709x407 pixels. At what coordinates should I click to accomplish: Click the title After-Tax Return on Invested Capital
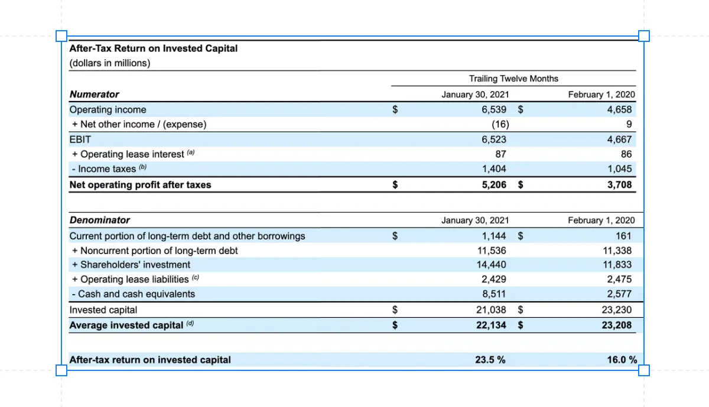coord(153,48)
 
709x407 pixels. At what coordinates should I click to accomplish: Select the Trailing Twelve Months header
coord(513,79)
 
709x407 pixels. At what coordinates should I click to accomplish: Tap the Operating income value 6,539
coord(494,109)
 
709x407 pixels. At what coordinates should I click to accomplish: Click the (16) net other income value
coord(500,124)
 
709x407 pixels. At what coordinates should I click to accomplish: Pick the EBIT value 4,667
coord(619,139)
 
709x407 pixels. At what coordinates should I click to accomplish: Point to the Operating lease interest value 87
coord(500,154)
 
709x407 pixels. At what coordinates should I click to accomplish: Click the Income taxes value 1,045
coord(619,169)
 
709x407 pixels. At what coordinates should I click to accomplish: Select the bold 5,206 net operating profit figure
coord(494,184)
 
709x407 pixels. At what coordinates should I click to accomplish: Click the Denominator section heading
coord(100,220)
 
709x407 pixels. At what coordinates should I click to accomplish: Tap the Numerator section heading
coord(95,95)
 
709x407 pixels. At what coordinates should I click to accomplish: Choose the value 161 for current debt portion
coord(623,236)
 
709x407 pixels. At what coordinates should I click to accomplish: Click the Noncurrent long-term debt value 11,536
coord(492,250)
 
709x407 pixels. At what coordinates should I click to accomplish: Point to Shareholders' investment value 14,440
coord(491,265)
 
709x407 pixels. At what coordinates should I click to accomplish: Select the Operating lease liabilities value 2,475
coord(619,279)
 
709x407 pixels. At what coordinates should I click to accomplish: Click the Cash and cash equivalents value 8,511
coord(494,294)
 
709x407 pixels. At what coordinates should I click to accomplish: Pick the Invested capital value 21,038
coord(491,310)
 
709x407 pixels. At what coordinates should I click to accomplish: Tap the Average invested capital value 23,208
coord(617,325)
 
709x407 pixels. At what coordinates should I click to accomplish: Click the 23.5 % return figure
coord(490,360)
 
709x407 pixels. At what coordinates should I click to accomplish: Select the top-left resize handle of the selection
coord(61,36)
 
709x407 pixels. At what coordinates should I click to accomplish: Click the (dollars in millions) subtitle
coord(110,63)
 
